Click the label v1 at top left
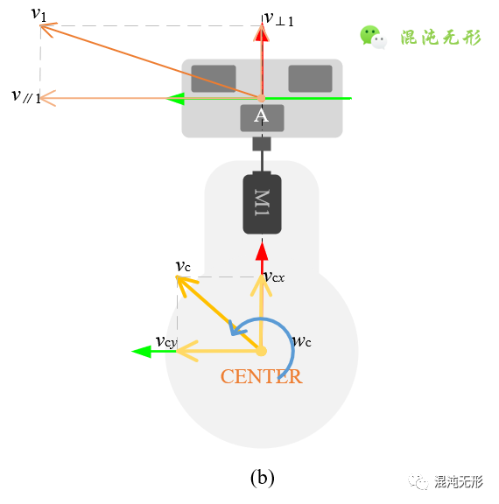pyautogui.click(x=39, y=13)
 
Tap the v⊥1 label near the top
pyautogui.click(x=279, y=18)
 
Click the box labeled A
pyautogui.click(x=261, y=117)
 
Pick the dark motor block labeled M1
pyautogui.click(x=262, y=202)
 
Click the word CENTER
pyautogui.click(x=261, y=377)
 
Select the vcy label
pyautogui.click(x=165, y=341)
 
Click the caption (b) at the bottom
pyautogui.click(x=262, y=478)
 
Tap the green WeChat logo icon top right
pyautogui.click(x=373, y=37)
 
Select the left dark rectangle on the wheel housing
pyautogui.click(x=213, y=78)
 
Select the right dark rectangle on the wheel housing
pyautogui.click(x=310, y=78)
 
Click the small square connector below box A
pyautogui.click(x=261, y=143)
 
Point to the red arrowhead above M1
pyautogui.click(x=261, y=251)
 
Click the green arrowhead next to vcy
pyautogui.click(x=141, y=351)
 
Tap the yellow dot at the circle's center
pyautogui.click(x=261, y=351)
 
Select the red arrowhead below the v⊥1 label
pyautogui.click(x=261, y=32)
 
